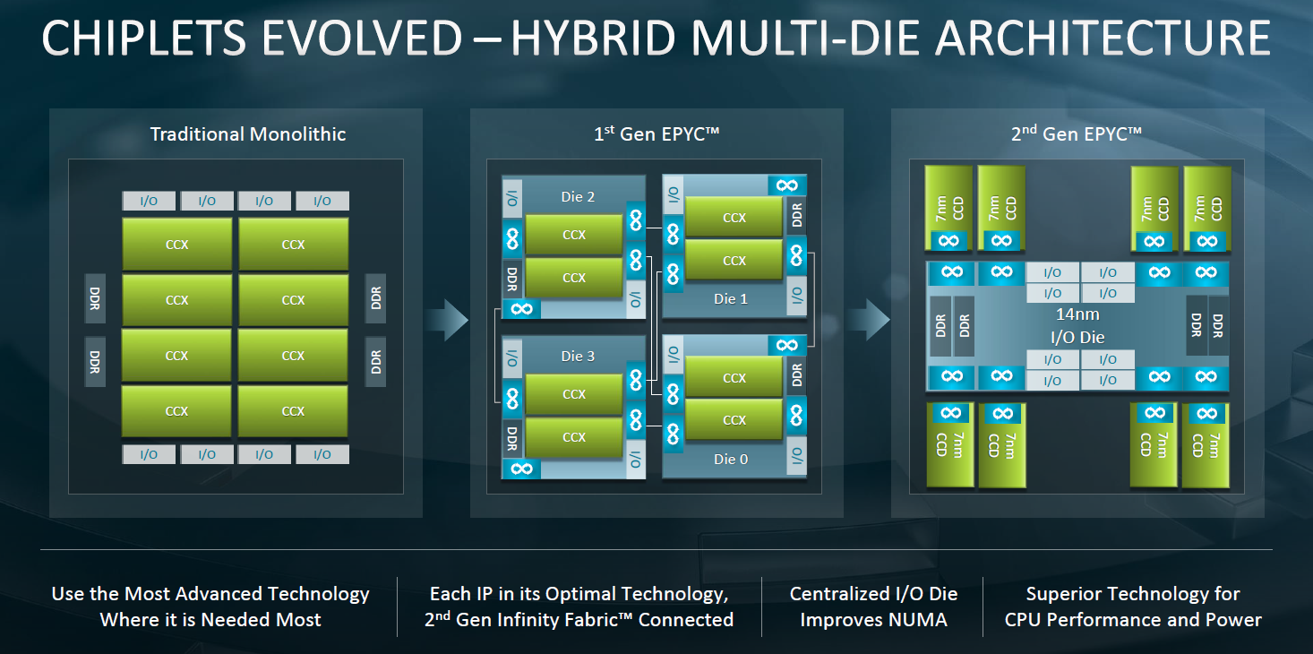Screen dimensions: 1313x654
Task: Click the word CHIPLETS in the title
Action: (143, 39)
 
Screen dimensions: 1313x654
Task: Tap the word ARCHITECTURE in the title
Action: (1103, 39)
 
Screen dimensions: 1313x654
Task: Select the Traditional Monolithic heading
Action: (248, 134)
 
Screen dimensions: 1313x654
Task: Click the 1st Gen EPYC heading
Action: (656, 133)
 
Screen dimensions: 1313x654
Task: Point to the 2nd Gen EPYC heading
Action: (1077, 133)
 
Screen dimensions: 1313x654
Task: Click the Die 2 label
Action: (578, 196)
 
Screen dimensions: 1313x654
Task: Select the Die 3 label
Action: (578, 356)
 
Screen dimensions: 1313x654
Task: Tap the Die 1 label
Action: (731, 298)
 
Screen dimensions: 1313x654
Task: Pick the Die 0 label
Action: (731, 460)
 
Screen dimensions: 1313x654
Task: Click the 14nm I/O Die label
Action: (1077, 325)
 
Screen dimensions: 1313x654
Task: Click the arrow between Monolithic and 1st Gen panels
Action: (447, 320)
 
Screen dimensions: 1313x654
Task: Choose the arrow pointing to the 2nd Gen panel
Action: (868, 320)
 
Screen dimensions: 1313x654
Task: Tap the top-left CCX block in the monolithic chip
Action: (177, 244)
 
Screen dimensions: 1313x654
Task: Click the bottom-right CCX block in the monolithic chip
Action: (293, 410)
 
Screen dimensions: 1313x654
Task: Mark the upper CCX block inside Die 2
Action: (574, 235)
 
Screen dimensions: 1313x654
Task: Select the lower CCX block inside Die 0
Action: (734, 420)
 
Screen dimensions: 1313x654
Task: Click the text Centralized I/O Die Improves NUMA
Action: (873, 607)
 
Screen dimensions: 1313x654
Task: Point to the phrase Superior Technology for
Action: (1133, 594)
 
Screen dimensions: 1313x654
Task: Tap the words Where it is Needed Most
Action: (210, 619)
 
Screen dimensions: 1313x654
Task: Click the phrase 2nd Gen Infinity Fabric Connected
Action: (579, 619)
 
